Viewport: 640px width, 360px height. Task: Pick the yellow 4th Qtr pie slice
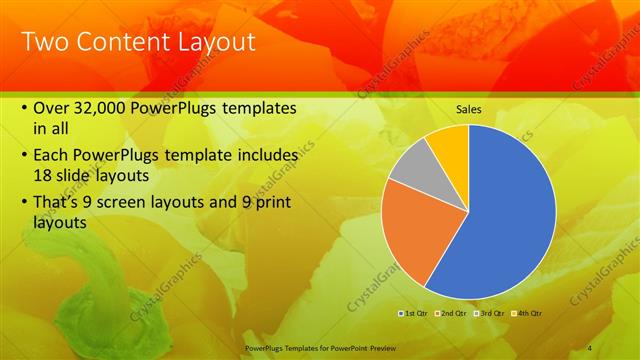(x=451, y=146)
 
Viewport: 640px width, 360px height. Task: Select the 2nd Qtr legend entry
(x=453, y=313)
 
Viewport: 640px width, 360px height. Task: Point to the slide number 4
(x=590, y=347)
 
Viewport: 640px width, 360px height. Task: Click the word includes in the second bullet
(x=264, y=155)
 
